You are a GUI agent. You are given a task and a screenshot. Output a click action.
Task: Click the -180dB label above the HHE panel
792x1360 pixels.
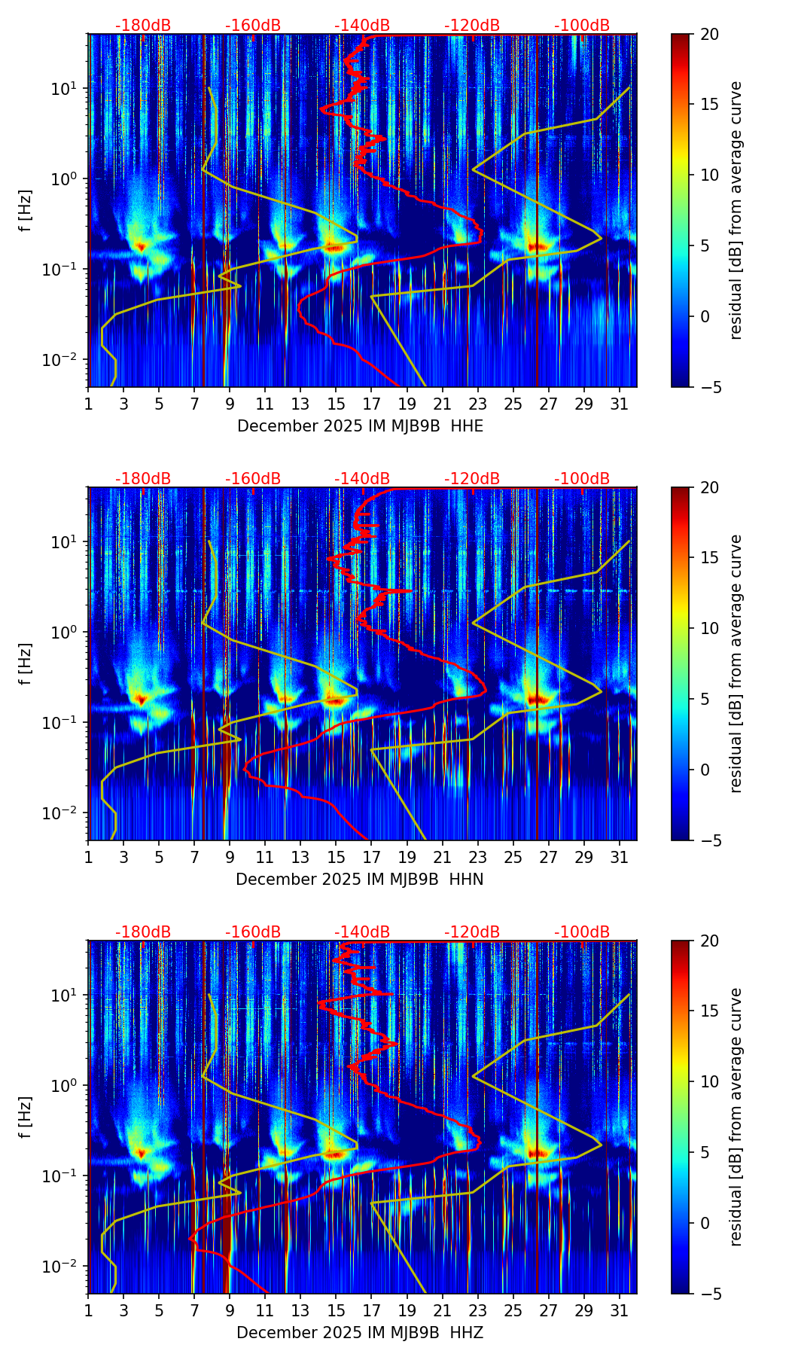pos(143,26)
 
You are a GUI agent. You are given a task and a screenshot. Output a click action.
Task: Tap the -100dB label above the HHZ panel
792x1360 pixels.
pos(582,932)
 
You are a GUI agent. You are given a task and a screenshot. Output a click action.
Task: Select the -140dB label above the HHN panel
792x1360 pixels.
pos(362,479)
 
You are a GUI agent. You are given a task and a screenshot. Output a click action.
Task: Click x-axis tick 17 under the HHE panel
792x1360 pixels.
pos(371,403)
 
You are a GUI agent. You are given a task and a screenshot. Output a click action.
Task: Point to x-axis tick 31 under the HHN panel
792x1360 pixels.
pos(620,856)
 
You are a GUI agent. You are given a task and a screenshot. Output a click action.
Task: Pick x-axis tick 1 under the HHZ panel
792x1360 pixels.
pos(89,1310)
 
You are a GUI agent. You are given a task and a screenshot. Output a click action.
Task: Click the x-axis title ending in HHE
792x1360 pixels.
pos(360,426)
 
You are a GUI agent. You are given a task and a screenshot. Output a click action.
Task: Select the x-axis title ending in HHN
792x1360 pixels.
pos(359,880)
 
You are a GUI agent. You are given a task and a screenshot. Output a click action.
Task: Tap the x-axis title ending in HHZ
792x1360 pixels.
pos(359,1333)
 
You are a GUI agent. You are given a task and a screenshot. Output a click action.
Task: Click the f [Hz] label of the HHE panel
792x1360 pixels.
pos(26,211)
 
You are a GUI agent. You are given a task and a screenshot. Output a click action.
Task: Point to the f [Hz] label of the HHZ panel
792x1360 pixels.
pos(26,1118)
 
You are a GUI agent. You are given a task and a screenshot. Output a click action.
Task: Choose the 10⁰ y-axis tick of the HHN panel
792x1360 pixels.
pos(63,633)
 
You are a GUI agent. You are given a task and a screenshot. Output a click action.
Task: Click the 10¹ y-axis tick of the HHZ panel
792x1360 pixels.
pos(63,996)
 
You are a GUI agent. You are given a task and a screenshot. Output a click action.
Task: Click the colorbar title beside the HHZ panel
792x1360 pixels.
pos(736,1118)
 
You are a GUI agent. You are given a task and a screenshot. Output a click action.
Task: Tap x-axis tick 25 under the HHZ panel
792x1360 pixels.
pos(513,1310)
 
